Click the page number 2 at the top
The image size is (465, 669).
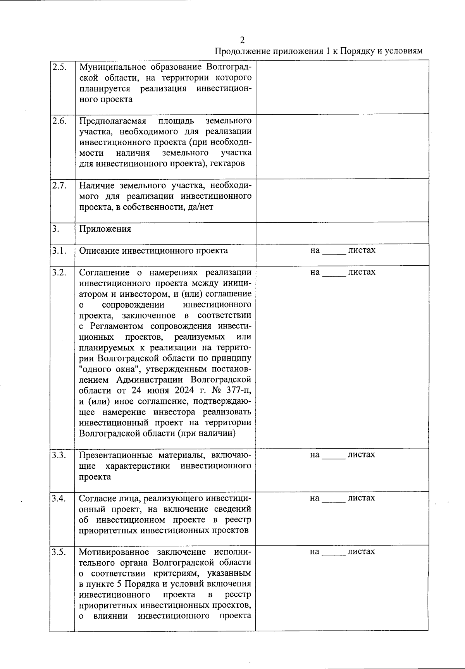[x=242, y=40]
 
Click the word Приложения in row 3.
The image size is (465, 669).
[x=105, y=229]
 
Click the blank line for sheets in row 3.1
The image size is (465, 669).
[x=334, y=252]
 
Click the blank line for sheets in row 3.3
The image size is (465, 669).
[x=334, y=456]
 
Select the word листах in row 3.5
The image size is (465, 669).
[x=361, y=551]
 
